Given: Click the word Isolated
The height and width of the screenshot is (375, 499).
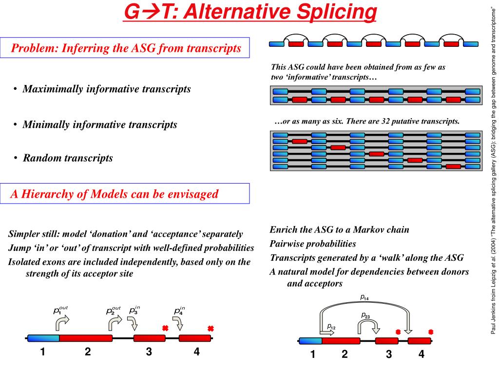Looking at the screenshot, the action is [x=25, y=262].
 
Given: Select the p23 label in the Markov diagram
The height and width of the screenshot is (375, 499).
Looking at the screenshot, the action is [x=365, y=316].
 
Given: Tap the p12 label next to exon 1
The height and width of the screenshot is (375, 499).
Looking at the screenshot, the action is [x=331, y=327].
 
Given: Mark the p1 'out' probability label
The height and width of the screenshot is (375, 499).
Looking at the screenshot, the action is [x=60, y=310].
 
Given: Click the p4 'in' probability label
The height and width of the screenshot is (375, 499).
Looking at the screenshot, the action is [x=179, y=310].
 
